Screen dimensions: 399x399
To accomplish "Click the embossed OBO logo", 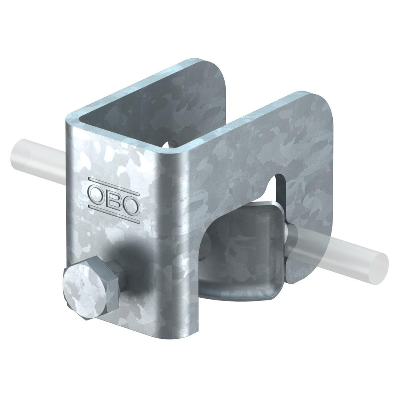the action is pos(114,200).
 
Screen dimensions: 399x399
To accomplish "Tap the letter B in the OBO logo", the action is pos(114,200).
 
